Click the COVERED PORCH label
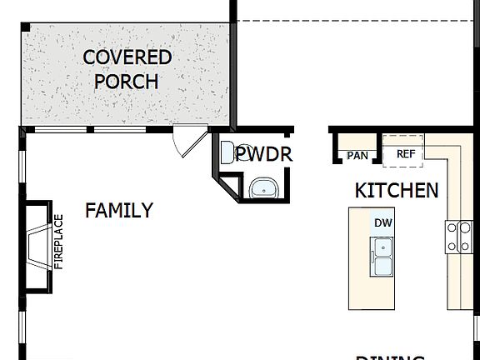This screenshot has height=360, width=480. coord(127,69)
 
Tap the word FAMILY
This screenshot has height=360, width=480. coord(119,210)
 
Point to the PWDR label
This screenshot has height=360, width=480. coord(263,154)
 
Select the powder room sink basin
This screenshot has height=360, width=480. coord(264,188)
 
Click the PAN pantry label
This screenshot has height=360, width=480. coord(357,155)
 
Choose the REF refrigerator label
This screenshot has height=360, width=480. coord(405,153)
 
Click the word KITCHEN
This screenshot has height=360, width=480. coord(397,190)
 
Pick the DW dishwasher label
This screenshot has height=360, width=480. coord(382,222)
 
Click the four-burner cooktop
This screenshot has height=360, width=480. coord(457,236)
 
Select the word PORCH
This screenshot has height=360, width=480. coord(127,81)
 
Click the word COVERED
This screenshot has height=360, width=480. coord(127,57)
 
